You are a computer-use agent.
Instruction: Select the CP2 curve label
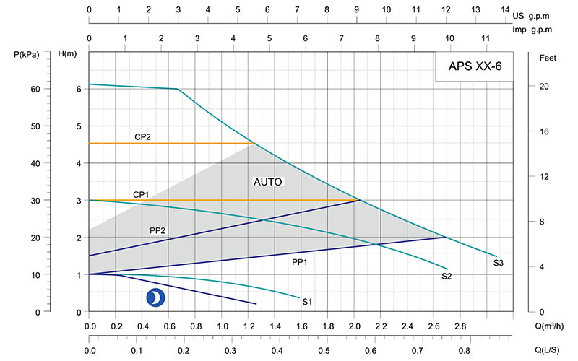point(142,136)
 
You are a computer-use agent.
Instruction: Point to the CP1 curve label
point(140,194)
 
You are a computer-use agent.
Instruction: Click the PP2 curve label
point(158,230)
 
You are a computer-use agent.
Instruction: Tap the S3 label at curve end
point(499,263)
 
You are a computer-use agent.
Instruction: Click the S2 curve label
point(447,277)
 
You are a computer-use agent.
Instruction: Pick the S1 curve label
point(307,300)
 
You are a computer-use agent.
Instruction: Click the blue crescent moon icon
point(155,297)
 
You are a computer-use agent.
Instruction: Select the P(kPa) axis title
point(29,55)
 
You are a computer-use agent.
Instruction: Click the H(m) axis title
point(67,55)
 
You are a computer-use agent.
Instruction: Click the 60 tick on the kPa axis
point(35,89)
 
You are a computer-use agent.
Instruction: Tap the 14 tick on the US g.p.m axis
point(504,9)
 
